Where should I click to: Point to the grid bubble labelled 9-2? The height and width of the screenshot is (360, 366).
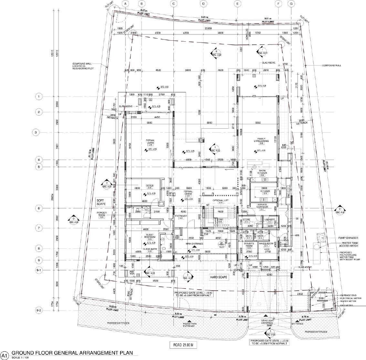point(39,311)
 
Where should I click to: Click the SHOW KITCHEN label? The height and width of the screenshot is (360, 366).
point(262,172)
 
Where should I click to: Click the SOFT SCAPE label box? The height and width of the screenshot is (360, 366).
point(104,202)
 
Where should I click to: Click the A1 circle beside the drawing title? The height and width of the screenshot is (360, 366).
point(4,353)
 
